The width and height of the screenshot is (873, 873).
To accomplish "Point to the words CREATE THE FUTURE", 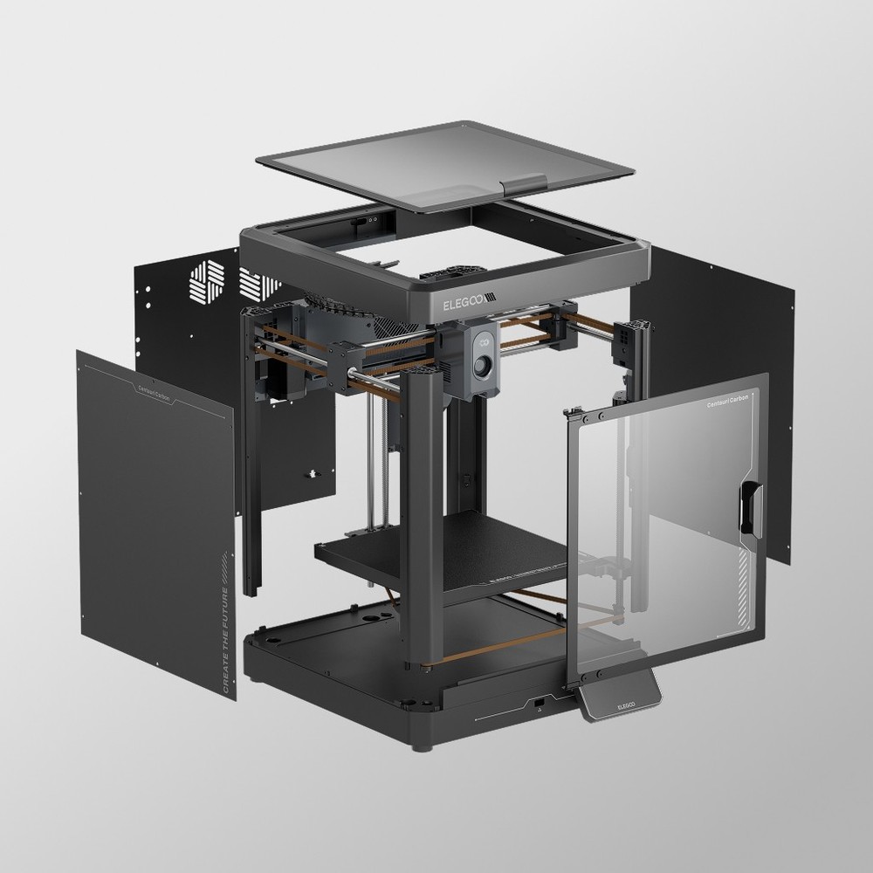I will tap(228, 621).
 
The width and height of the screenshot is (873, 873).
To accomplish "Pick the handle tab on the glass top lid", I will tap(527, 182).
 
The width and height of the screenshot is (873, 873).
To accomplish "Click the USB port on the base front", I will tap(540, 702).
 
